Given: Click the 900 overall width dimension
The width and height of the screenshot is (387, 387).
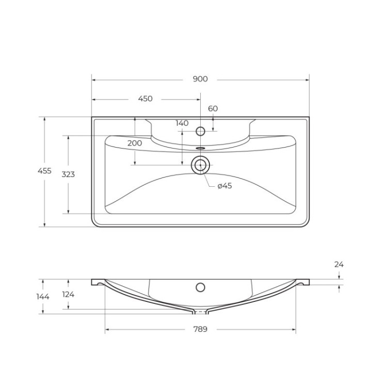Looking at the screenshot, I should click(x=200, y=79).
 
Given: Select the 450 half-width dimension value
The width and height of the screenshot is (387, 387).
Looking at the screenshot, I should click(x=145, y=99).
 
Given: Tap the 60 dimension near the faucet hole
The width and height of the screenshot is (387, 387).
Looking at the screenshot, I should click(x=213, y=108).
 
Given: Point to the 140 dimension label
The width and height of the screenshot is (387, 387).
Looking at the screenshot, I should click(x=182, y=123).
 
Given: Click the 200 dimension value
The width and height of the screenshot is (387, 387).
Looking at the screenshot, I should click(x=135, y=143).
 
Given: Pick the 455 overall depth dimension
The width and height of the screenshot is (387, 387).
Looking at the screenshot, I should click(x=45, y=171).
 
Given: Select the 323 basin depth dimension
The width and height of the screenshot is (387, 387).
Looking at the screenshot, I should click(x=68, y=174).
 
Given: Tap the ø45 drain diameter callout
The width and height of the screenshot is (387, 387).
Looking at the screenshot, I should click(x=224, y=186).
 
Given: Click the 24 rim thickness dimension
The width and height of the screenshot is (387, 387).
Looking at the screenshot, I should click(x=338, y=264).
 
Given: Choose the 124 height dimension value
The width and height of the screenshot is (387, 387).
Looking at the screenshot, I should click(x=68, y=294).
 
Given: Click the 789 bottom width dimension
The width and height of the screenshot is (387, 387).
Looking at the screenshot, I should click(x=200, y=329).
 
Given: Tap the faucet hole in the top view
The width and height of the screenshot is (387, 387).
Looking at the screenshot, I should click(x=201, y=131).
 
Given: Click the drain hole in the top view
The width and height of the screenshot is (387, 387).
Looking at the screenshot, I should click(x=200, y=165).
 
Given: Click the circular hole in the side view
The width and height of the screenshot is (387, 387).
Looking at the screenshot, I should click(x=200, y=287).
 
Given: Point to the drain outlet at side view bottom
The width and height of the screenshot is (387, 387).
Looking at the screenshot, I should click(x=200, y=312).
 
